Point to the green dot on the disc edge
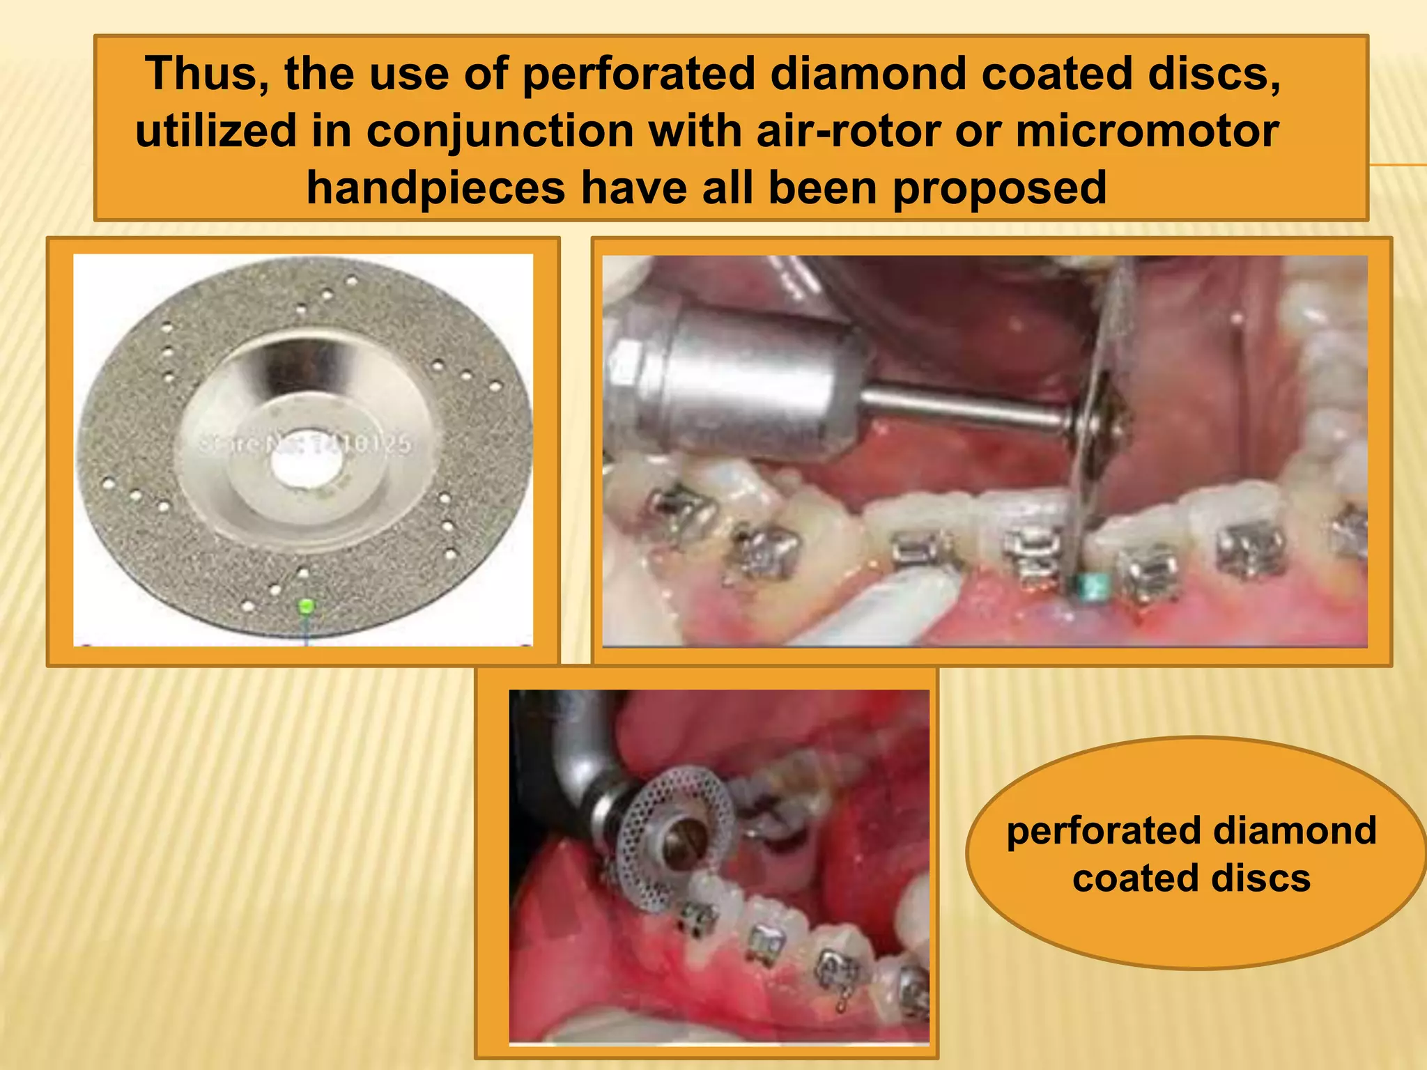(x=304, y=606)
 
